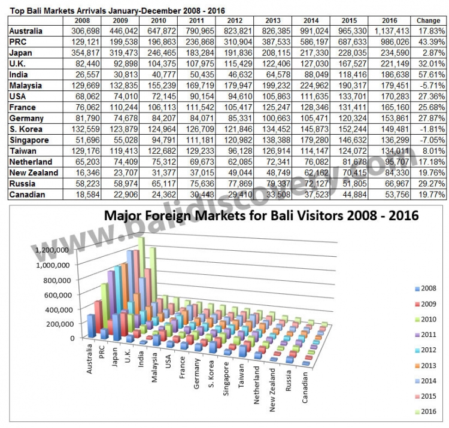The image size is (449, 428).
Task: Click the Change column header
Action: [429, 20]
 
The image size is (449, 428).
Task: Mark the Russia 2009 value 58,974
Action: [115, 184]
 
